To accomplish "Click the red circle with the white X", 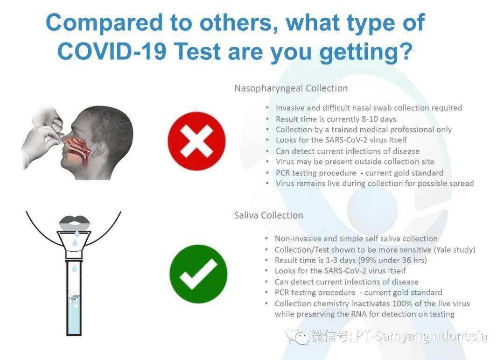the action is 197,141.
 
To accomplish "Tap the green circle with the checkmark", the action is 198,274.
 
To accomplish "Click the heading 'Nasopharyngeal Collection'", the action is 291,88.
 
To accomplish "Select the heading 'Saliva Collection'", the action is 268,215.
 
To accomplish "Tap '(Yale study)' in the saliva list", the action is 455,250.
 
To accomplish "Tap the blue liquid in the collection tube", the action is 74,315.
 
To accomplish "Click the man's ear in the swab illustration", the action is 98,148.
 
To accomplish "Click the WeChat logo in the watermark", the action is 298,336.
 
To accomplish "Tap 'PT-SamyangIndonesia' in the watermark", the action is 421,336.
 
